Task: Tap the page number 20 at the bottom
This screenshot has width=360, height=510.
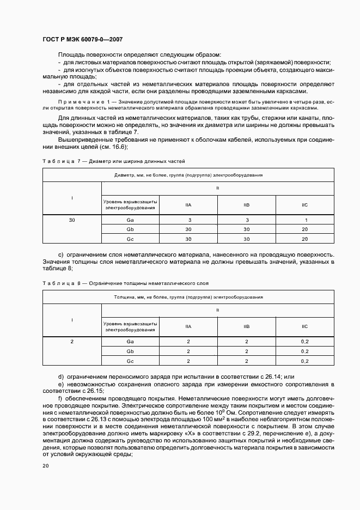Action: [x=46, y=466]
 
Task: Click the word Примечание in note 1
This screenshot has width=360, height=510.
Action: [x=81, y=102]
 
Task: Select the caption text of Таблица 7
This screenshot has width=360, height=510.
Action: [x=113, y=161]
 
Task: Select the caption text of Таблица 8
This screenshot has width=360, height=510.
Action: [x=125, y=283]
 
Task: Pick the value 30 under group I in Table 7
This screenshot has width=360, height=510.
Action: [x=72, y=220]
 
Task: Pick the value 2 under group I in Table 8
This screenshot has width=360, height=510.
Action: [x=72, y=341]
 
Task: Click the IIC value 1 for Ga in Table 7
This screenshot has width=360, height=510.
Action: [x=305, y=220]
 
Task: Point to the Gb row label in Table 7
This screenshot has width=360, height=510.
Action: [x=130, y=229]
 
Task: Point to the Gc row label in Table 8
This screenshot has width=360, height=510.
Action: [x=130, y=361]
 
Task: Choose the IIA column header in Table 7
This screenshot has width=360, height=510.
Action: [x=188, y=205]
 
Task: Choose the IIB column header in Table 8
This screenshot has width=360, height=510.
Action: [x=247, y=326]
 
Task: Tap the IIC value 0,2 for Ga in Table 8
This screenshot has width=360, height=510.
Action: [x=305, y=341]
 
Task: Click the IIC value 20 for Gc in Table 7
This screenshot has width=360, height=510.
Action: [x=305, y=239]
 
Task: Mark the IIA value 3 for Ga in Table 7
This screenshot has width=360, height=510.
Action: [x=188, y=220]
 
